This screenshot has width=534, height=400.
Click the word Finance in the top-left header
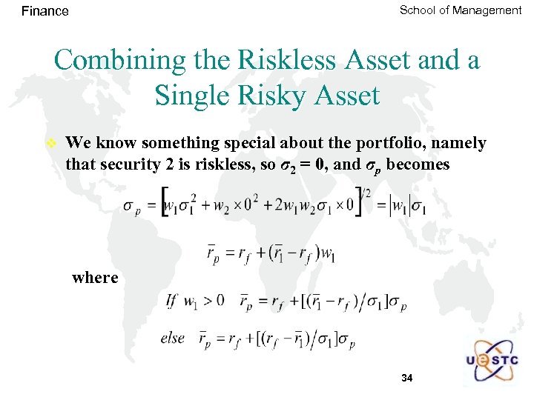point(45,11)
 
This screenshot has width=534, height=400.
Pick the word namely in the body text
point(461,143)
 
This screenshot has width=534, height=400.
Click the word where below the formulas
point(95,278)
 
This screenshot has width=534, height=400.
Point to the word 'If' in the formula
point(171,301)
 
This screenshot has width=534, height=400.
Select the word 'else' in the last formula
point(173,338)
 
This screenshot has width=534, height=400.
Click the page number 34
point(406,378)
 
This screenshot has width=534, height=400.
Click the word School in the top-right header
point(418,10)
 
